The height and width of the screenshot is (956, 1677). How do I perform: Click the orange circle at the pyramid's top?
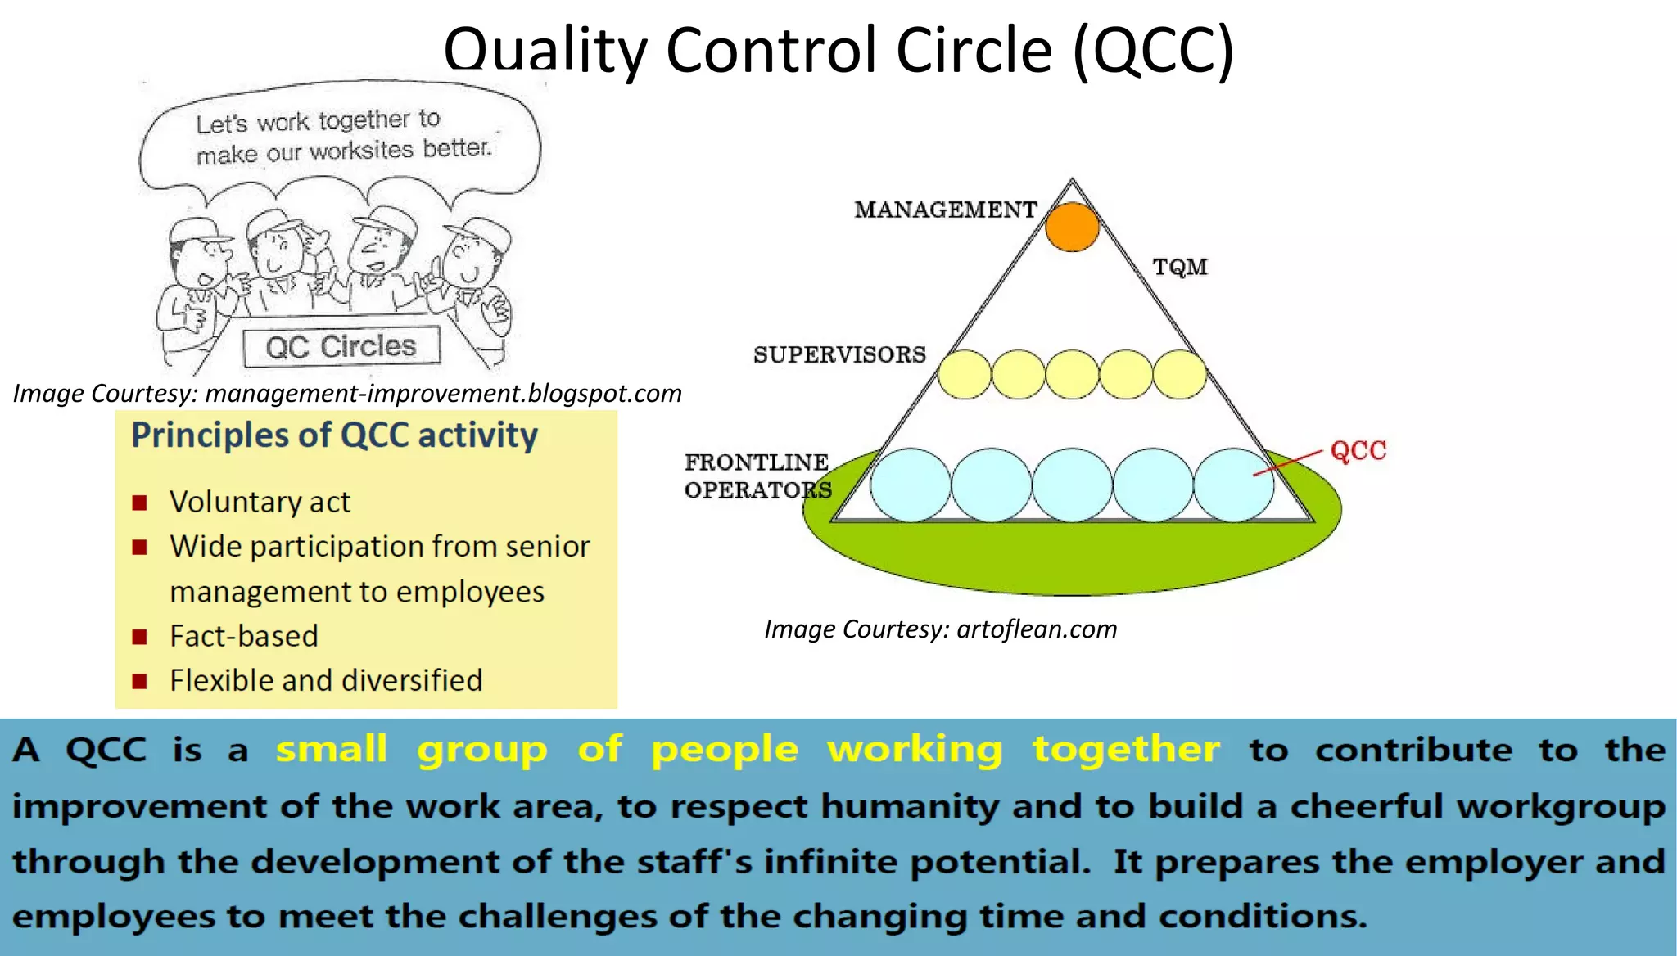[1072, 227]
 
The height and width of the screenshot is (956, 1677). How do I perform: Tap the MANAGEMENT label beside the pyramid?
[946, 210]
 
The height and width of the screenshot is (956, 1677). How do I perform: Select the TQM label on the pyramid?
[1180, 267]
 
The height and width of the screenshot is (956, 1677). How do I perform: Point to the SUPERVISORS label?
[839, 354]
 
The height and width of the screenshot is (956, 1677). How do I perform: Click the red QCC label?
[1358, 450]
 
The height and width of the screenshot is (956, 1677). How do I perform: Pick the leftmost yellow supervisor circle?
[965, 375]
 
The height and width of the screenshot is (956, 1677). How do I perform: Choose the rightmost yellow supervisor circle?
[1179, 375]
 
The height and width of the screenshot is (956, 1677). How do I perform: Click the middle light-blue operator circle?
[1072, 485]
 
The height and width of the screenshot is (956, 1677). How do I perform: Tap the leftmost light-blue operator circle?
[910, 485]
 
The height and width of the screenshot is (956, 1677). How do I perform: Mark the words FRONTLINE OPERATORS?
[757, 476]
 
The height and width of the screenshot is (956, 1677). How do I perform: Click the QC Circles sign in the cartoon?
[341, 346]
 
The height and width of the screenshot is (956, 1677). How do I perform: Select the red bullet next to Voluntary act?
[140, 503]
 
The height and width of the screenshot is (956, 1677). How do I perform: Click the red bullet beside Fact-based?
[140, 637]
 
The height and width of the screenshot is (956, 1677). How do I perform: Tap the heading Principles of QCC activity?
[334, 435]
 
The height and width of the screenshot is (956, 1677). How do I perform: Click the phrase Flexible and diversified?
[326, 680]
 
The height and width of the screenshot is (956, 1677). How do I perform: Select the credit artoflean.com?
[940, 629]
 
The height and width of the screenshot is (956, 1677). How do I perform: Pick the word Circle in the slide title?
[974, 51]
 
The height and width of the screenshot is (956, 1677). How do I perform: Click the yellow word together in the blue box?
[1126, 749]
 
